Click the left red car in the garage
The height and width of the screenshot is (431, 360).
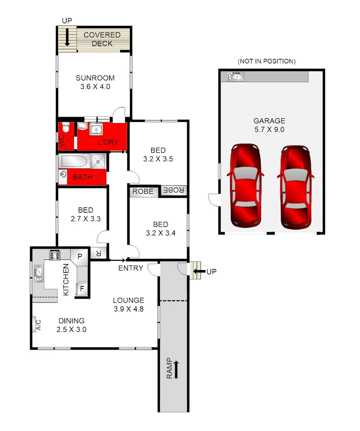click(x=246, y=185)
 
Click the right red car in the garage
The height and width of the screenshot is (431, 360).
click(x=296, y=185)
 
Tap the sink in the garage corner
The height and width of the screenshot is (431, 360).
click(x=235, y=76)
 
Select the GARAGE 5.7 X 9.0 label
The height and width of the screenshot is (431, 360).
click(x=269, y=125)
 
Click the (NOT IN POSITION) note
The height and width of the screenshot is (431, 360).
click(x=266, y=61)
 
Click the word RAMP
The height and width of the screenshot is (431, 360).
click(x=169, y=368)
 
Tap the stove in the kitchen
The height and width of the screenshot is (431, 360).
click(x=55, y=255)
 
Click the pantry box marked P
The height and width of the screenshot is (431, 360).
click(x=80, y=256)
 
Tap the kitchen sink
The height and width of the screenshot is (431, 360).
click(x=39, y=273)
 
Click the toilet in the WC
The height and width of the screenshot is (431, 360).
click(x=65, y=128)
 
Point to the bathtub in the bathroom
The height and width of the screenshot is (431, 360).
click(x=74, y=161)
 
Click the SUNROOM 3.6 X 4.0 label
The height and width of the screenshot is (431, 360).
click(x=95, y=82)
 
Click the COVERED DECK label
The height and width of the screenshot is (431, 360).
click(x=102, y=39)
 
